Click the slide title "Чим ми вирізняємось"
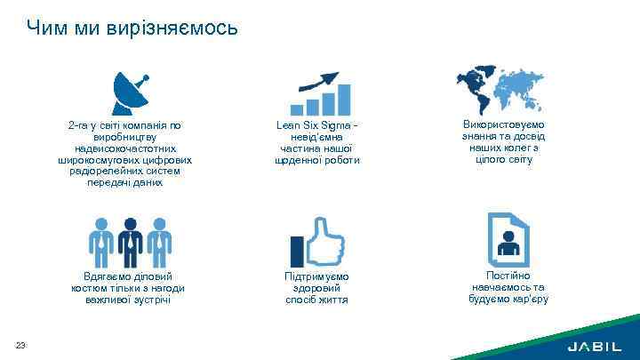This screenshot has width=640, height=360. coord(132,28)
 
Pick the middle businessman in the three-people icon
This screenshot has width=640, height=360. coord(131,240)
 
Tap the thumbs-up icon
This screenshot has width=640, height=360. coord(318,241)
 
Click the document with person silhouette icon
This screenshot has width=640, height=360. coord(509,237)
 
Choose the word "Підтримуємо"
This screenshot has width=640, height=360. coord(317,277)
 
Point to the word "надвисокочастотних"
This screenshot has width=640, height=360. coord(126,148)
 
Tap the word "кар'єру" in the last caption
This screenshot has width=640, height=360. coord(531,299)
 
